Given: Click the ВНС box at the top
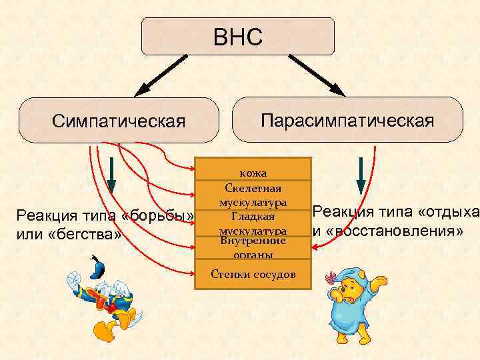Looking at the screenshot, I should tap(238, 36).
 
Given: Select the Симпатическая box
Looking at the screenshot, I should tap(118, 121).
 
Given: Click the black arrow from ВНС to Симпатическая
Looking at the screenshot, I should tap(160, 75).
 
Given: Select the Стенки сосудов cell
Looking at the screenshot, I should tap(253, 274).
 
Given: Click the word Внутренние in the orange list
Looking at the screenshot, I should tap(253, 240).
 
